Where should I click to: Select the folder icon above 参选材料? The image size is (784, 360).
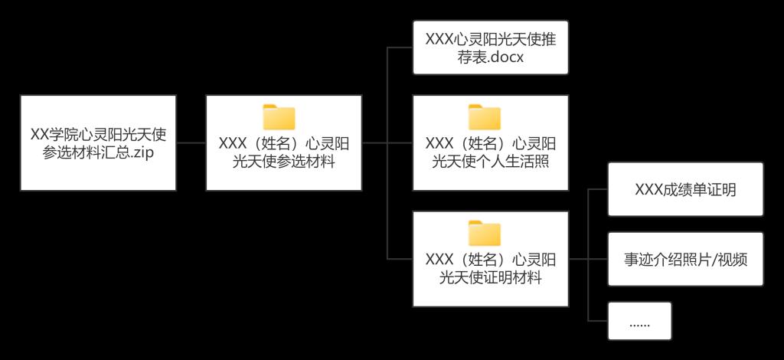(279, 116)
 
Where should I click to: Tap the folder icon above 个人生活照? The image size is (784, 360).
(484, 116)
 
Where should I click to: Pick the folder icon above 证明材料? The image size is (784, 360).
(484, 233)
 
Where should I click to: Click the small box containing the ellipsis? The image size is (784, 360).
(639, 321)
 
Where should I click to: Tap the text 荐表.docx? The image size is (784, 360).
(490, 57)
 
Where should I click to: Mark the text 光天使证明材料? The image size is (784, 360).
(490, 277)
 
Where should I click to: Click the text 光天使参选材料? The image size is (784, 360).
(284, 161)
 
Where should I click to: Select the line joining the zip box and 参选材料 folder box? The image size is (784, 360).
(191, 142)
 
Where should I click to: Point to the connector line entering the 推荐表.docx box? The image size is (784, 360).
(400, 47)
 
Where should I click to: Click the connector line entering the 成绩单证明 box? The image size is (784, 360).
(597, 189)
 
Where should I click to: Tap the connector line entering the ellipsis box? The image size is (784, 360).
(597, 320)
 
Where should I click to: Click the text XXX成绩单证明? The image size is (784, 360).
(685, 190)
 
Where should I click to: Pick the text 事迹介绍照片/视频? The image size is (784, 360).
(685, 259)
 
